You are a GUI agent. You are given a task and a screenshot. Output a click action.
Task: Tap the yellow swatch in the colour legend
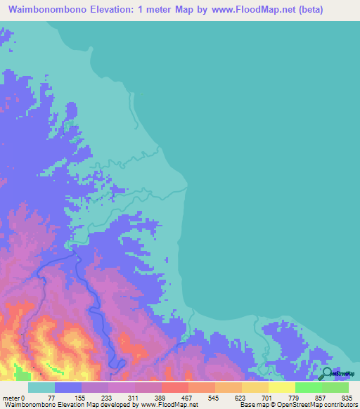(x=281, y=388)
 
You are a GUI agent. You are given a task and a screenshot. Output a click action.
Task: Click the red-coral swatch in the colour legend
(x=174, y=388)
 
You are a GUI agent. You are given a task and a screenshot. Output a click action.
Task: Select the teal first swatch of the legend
(x=41, y=388)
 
